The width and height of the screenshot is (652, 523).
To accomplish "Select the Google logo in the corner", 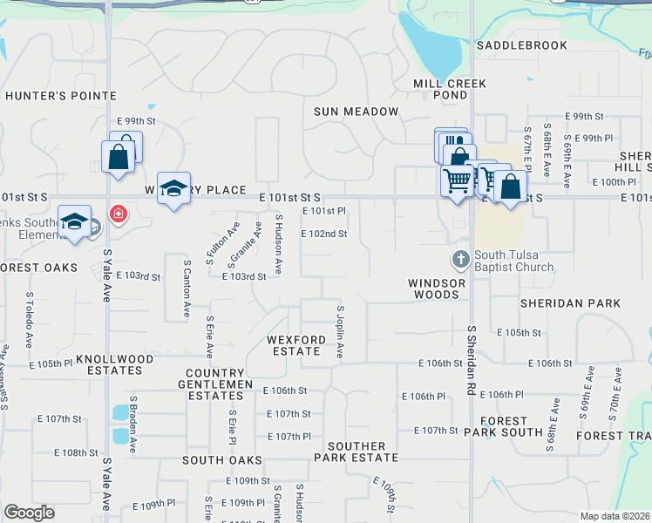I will [x=29, y=513].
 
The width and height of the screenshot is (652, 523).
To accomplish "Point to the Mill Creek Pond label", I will [x=440, y=88].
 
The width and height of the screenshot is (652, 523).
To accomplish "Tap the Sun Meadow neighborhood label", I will [x=356, y=112].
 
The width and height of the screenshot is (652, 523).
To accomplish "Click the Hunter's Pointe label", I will [x=60, y=96].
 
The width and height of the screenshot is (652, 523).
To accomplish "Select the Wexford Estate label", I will [x=294, y=345].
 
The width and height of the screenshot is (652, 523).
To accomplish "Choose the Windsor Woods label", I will [x=436, y=289].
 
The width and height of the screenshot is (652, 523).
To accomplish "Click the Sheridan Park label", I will [x=570, y=303].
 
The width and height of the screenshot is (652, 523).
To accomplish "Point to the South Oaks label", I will [x=217, y=459].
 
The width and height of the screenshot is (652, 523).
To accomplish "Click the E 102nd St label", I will [x=324, y=234].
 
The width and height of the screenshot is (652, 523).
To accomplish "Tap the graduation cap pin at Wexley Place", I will [x=174, y=188].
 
